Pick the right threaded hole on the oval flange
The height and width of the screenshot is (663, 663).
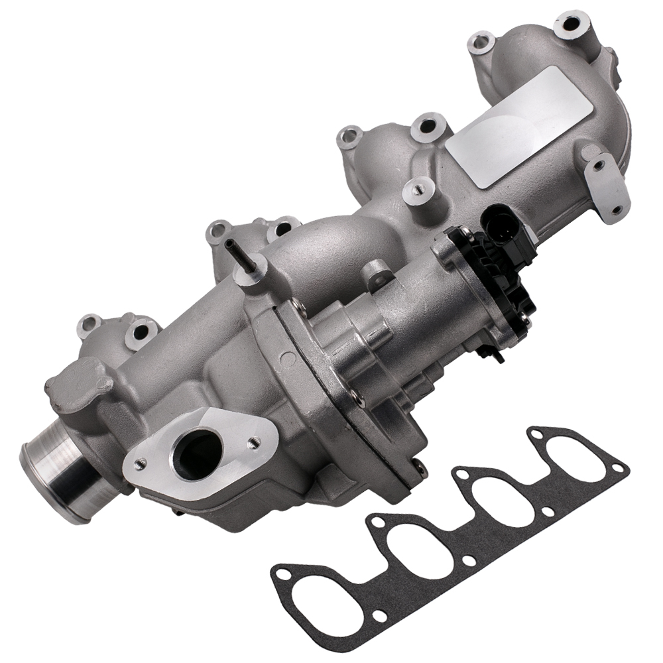253,440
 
